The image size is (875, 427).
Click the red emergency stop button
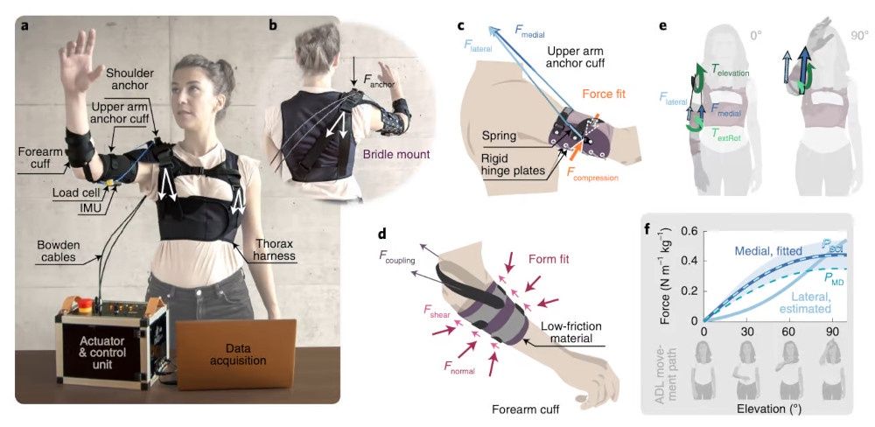click(86, 304)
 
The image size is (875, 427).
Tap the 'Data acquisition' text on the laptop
click(236, 353)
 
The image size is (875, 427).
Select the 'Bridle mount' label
click(388, 153)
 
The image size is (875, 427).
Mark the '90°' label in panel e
click(859, 36)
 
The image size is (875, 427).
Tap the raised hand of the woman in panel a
click(78, 59)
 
